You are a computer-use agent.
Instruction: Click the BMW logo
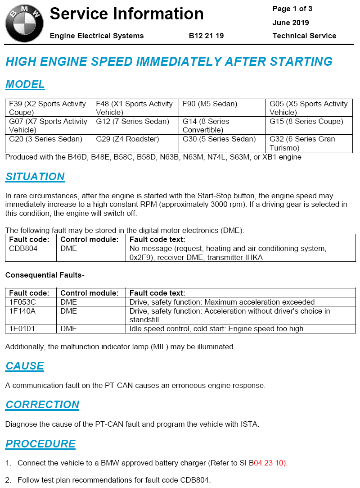(x=24, y=23)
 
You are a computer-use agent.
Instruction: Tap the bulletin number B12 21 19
(x=207, y=36)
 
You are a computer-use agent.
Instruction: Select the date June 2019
(x=291, y=23)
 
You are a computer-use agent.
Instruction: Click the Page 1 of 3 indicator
(x=292, y=9)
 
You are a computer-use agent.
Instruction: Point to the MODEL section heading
(x=25, y=84)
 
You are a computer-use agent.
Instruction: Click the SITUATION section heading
(x=35, y=177)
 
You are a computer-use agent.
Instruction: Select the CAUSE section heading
(x=25, y=366)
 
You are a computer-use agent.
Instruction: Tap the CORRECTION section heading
(x=42, y=405)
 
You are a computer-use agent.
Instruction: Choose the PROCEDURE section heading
(x=40, y=444)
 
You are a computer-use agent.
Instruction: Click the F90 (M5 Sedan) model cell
(x=210, y=104)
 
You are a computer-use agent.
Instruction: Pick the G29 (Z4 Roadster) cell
(x=127, y=139)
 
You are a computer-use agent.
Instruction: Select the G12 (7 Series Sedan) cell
(x=132, y=122)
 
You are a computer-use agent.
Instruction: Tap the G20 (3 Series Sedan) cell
(x=45, y=139)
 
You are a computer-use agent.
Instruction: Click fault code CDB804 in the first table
(x=23, y=249)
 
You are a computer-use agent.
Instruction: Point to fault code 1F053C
(x=22, y=302)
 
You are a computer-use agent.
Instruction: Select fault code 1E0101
(x=22, y=329)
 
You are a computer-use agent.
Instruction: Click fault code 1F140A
(x=22, y=311)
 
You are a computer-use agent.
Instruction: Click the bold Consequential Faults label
(x=45, y=275)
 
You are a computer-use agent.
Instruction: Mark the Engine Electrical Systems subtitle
(x=97, y=36)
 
